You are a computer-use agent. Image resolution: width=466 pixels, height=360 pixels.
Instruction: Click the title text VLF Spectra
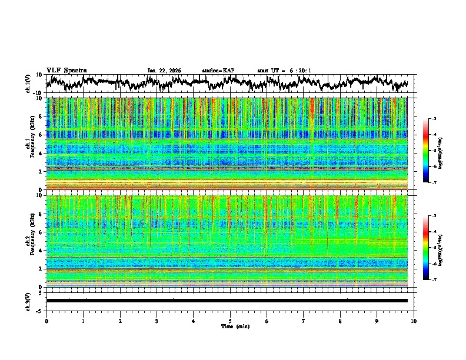click(x=66, y=71)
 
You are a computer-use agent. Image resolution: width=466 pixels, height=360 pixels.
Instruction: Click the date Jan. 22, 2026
click(x=164, y=71)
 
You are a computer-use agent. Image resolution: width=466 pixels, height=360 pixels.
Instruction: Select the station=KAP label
click(x=218, y=71)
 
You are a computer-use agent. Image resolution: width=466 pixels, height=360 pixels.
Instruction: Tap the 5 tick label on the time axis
click(x=230, y=321)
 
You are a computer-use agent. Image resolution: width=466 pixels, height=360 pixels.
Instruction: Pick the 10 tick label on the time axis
click(x=414, y=321)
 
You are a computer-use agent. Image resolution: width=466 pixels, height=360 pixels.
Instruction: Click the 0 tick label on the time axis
click(x=46, y=321)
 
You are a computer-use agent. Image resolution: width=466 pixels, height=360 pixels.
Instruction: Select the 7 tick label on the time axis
click(x=304, y=321)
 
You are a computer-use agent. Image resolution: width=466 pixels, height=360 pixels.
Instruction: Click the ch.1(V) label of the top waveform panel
click(x=28, y=84)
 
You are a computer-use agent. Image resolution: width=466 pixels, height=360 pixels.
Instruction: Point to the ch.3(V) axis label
click(x=28, y=301)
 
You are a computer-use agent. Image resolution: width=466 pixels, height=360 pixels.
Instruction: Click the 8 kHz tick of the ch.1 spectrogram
click(x=40, y=116)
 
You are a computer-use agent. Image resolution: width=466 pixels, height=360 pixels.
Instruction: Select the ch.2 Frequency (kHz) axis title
click(x=29, y=240)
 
